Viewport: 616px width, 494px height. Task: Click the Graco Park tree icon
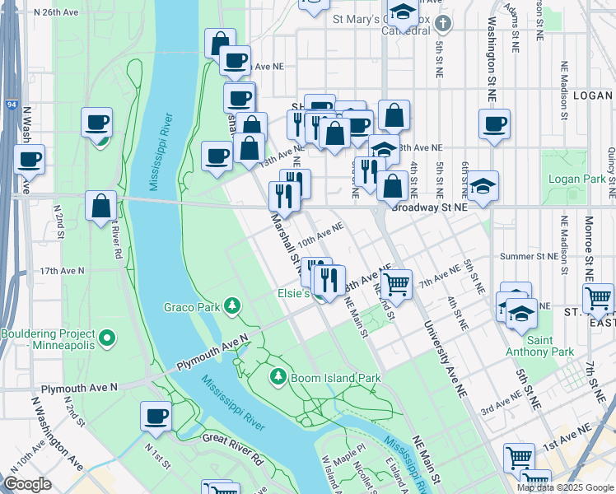click(234, 307)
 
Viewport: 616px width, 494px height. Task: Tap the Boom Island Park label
click(334, 378)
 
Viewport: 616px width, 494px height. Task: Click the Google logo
click(27, 484)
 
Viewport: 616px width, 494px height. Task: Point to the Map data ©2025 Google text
click(566, 487)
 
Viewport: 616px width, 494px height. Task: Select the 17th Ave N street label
click(62, 270)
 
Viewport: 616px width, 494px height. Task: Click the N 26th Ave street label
click(54, 13)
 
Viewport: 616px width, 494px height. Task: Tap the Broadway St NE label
click(429, 207)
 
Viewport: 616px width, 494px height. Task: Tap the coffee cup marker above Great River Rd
click(155, 417)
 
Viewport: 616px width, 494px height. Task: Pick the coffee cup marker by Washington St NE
click(494, 125)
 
